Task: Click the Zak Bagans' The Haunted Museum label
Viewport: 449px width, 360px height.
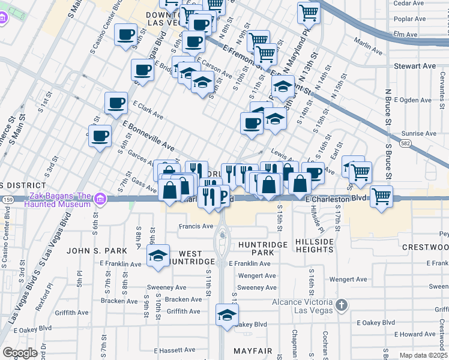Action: click(58, 200)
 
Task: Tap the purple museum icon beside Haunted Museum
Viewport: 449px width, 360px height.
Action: click(100, 198)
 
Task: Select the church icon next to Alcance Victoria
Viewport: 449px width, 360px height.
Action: click(342, 305)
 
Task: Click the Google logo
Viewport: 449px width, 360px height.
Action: click(20, 353)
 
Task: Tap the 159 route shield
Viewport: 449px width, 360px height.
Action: click(8, 198)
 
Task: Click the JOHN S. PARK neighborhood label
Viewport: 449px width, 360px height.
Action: click(97, 250)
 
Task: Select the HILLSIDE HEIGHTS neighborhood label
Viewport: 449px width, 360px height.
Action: click(314, 245)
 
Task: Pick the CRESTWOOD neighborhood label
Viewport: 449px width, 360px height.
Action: click(425, 247)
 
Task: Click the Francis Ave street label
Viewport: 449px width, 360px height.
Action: click(196, 226)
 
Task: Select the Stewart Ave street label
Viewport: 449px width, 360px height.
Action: click(414, 65)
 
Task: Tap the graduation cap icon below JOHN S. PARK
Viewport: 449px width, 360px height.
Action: click(158, 256)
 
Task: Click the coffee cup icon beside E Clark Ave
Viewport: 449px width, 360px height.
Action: click(116, 103)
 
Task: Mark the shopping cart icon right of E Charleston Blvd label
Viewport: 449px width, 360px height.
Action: click(381, 196)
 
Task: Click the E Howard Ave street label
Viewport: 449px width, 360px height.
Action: click(418, 334)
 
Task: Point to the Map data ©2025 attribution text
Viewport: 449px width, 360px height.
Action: click(423, 355)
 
